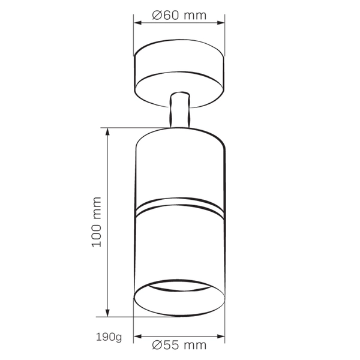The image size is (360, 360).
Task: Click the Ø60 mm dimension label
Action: point(179,15)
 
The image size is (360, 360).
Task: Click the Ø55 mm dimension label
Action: point(179,345)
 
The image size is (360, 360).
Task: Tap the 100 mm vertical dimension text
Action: point(97,222)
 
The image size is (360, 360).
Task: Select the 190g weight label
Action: point(109,337)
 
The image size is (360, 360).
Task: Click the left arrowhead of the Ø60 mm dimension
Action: point(137,23)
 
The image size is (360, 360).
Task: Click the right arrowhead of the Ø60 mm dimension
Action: point(221,23)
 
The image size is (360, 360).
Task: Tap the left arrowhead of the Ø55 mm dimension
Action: point(137,337)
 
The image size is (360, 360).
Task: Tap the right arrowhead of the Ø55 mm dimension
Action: point(221,337)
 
